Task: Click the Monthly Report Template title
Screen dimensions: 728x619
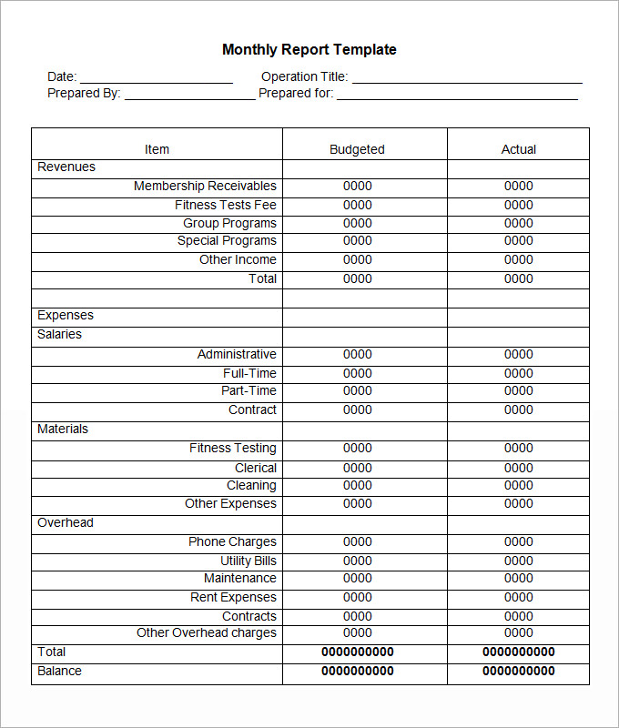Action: point(309,50)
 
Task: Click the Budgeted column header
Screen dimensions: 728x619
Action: point(357,149)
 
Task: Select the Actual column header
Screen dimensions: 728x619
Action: point(519,149)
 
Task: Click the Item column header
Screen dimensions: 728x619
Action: point(157,149)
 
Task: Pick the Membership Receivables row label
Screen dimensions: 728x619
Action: point(205,186)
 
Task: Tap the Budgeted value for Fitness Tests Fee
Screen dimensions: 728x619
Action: point(358,205)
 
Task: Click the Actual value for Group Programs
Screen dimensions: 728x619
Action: point(519,223)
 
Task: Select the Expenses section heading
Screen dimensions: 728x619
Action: point(66,315)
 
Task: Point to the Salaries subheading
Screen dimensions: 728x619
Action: point(59,334)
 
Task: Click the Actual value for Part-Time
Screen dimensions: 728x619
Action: point(519,390)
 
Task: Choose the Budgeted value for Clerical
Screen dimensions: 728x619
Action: point(358,468)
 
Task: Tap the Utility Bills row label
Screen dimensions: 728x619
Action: point(249,561)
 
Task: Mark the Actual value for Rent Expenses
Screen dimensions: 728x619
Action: point(519,597)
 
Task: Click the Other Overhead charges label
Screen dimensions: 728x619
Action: point(207,632)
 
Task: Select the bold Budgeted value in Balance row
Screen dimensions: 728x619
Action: point(358,671)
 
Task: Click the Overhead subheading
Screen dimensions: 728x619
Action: point(66,522)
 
